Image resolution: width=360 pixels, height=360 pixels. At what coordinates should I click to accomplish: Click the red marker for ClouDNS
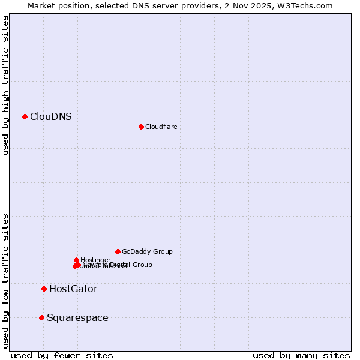(25, 116)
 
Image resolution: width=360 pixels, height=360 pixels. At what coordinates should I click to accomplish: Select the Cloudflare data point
(141, 127)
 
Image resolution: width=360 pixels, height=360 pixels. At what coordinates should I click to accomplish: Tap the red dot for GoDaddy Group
(118, 251)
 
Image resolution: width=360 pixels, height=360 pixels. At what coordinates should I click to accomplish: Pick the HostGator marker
(44, 289)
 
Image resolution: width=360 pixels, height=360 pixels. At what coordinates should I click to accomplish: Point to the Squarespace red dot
(41, 317)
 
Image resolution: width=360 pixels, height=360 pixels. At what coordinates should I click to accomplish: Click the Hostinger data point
(76, 260)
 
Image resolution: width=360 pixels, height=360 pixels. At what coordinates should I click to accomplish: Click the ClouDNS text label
(51, 116)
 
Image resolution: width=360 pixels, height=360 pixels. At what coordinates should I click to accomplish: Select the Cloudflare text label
(161, 127)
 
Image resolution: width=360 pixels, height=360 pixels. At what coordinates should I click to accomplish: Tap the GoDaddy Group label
(147, 251)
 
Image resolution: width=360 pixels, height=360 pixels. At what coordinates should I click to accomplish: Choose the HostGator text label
(73, 289)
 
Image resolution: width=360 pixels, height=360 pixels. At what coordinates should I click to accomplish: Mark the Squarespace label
(77, 317)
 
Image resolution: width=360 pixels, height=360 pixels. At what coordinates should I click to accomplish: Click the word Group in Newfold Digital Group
(142, 265)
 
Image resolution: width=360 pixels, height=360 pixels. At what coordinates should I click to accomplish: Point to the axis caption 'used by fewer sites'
(62, 355)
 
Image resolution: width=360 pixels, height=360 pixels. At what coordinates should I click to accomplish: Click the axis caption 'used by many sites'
(301, 355)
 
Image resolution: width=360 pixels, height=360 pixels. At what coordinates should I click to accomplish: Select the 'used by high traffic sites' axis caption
(6, 85)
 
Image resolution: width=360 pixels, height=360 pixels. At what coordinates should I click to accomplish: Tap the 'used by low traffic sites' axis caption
(6, 280)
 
